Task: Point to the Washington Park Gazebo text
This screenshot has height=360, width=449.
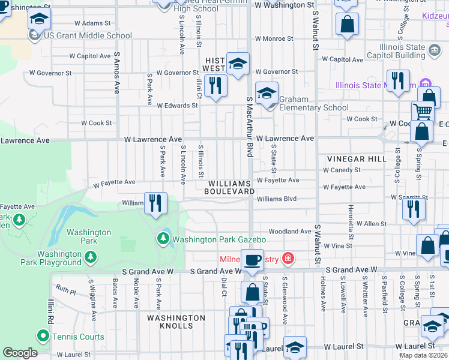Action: pyautogui.click(x=219, y=239)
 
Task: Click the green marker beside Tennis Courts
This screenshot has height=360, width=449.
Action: pyautogui.click(x=43, y=337)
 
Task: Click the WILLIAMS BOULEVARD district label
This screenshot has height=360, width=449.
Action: pyautogui.click(x=230, y=187)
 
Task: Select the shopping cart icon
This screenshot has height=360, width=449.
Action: pyautogui.click(x=423, y=111)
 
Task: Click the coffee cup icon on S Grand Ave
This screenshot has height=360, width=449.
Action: pyautogui.click(x=253, y=260)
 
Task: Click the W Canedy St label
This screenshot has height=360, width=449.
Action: pyautogui.click(x=341, y=170)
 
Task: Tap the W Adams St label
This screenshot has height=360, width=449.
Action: pyautogui.click(x=92, y=23)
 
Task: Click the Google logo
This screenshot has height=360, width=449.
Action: pyautogui.click(x=19, y=353)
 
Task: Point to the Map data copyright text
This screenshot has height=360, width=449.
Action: pyautogui.click(x=423, y=355)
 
